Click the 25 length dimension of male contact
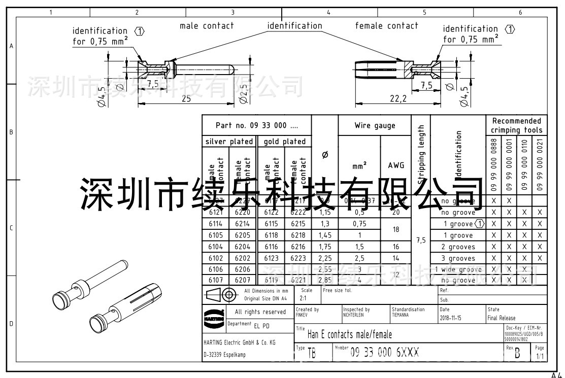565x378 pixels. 186,99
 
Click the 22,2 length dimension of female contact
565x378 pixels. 397,99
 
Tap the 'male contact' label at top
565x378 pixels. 207,26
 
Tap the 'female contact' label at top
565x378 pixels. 386,26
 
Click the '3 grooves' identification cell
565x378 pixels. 458,258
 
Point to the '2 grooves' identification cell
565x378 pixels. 458,247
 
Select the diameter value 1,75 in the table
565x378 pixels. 324,247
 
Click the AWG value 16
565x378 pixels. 396,247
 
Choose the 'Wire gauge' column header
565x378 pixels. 375,126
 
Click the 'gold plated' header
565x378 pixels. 285,142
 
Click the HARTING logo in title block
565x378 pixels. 210,317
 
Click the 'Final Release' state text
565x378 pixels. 501,318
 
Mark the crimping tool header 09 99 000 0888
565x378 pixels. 494,165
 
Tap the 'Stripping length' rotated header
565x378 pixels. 421,156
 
